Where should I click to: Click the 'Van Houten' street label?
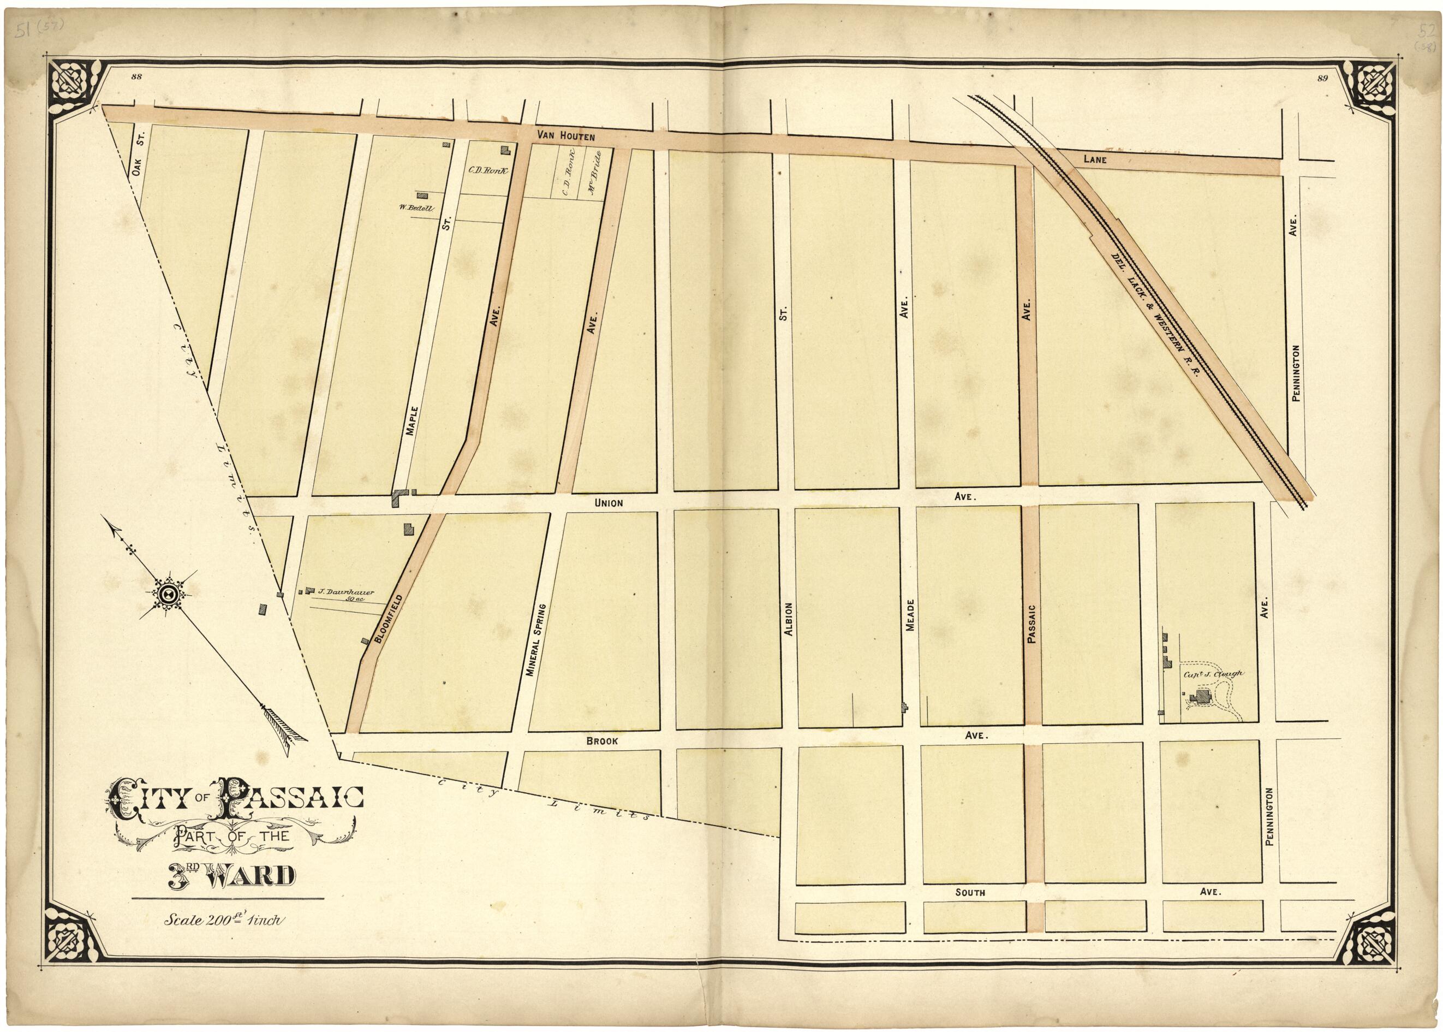click(565, 135)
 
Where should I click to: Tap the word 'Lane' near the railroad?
click(1095, 160)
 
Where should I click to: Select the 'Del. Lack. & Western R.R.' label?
click(1153, 315)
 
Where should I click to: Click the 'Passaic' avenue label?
click(1031, 624)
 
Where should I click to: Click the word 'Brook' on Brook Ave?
click(601, 741)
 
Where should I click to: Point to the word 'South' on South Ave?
click(970, 892)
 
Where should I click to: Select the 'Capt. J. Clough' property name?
click(1211, 674)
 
